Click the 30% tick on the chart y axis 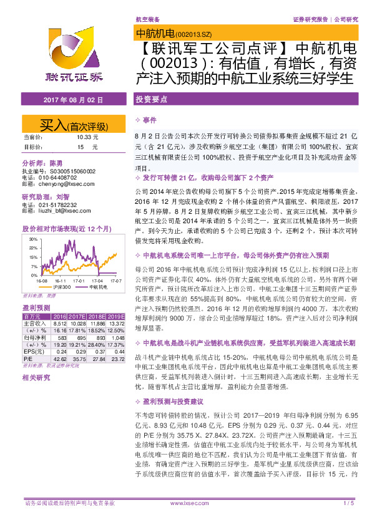pos(32,238)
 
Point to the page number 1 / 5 pos(348,503)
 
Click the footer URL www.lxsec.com pos(185,503)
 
